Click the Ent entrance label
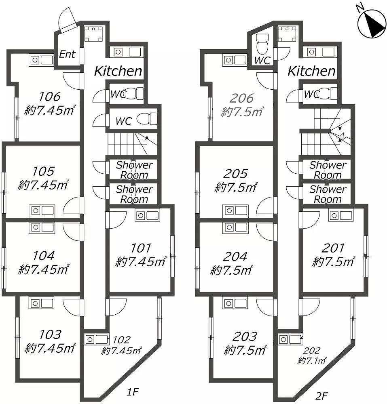tap(67, 54)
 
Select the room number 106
tap(49, 97)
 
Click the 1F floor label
tap(133, 392)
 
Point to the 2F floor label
tap(322, 396)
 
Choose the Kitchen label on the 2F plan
tap(311, 71)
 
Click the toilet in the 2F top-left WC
tap(262, 42)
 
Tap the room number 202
tap(312, 350)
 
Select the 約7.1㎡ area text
tap(312, 360)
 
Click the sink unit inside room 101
tap(147, 215)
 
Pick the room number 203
tap(245, 337)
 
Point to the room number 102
tap(122, 340)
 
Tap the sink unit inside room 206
tap(235, 60)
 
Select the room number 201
tap(333, 248)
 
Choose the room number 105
tap(43, 171)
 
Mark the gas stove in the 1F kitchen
tap(93, 34)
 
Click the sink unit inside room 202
tap(290, 339)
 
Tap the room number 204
tap(235, 257)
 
